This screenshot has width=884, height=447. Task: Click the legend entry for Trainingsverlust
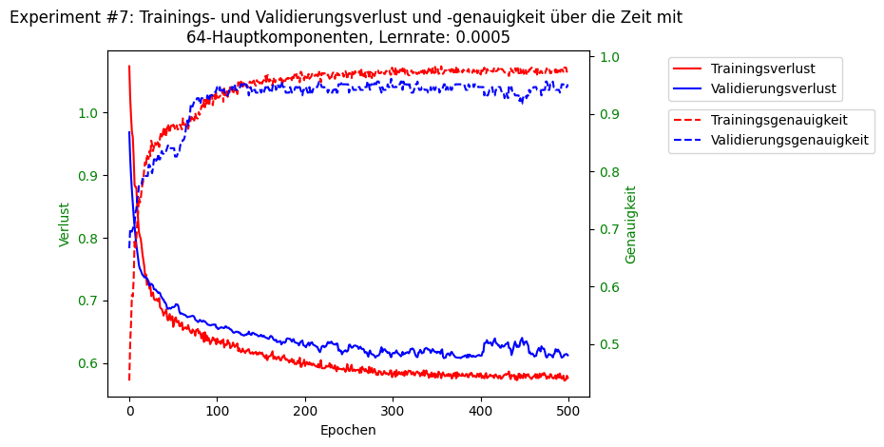[762, 68]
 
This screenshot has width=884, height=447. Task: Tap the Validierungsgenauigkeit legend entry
[789, 140]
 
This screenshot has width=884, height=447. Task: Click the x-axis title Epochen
[348, 430]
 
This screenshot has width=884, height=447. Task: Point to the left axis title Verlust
[65, 224]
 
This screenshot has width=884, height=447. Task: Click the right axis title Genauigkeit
[631, 224]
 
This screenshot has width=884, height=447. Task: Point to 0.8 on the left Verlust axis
[87, 239]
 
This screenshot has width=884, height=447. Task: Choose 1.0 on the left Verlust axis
[87, 113]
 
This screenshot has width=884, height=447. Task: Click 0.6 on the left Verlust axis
[87, 364]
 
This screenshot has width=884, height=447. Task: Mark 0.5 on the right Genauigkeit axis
[607, 344]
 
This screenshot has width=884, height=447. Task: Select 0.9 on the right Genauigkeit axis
[607, 114]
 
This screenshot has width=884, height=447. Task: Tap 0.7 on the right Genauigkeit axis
[607, 229]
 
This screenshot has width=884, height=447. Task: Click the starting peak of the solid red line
[129, 67]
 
